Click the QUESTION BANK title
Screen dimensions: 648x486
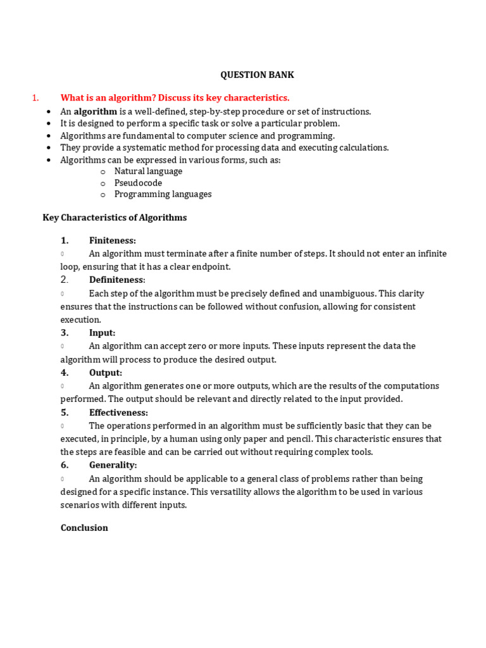(x=257, y=75)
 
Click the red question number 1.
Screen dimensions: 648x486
(x=35, y=97)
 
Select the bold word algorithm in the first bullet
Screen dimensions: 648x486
(x=96, y=111)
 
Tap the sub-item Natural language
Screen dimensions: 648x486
(x=148, y=171)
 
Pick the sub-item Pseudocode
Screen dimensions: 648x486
(x=138, y=183)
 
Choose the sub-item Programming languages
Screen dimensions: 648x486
(x=163, y=194)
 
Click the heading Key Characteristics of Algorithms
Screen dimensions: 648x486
(x=115, y=218)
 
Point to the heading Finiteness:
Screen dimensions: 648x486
(x=113, y=240)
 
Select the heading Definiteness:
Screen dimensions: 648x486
(x=117, y=280)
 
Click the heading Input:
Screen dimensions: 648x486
(x=103, y=333)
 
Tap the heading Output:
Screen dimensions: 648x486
(x=106, y=373)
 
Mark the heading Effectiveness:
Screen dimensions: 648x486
(x=118, y=413)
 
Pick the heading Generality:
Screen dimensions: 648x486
(x=113, y=465)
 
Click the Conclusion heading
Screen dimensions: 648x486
(x=84, y=528)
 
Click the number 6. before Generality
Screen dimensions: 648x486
(x=65, y=465)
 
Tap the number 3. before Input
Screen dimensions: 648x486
(x=65, y=333)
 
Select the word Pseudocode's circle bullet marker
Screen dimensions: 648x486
(x=103, y=184)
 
